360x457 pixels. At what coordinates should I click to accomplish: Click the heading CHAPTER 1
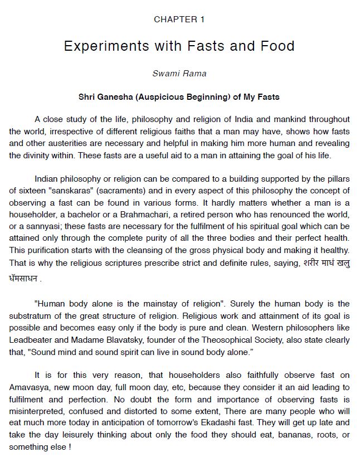[179, 20]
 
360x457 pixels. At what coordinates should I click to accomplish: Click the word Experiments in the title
[104, 46]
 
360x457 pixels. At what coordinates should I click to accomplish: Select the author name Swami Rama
[179, 74]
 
